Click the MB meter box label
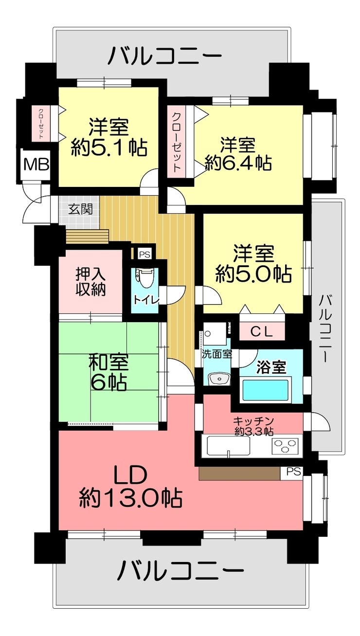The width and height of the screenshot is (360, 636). click(36, 164)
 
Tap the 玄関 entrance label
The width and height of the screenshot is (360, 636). click(80, 210)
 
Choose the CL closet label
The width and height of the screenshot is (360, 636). click(261, 331)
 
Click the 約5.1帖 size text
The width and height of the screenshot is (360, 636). click(109, 148)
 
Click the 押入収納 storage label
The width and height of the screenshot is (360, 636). click(90, 281)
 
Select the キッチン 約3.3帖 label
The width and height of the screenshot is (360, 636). click(253, 426)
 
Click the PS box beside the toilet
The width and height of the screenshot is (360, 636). click(145, 254)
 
